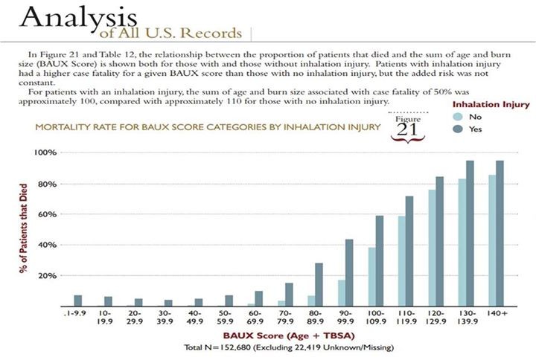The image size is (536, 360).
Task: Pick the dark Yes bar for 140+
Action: pyautogui.click(x=500, y=233)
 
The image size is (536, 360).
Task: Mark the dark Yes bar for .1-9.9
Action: pyautogui.click(x=78, y=300)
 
